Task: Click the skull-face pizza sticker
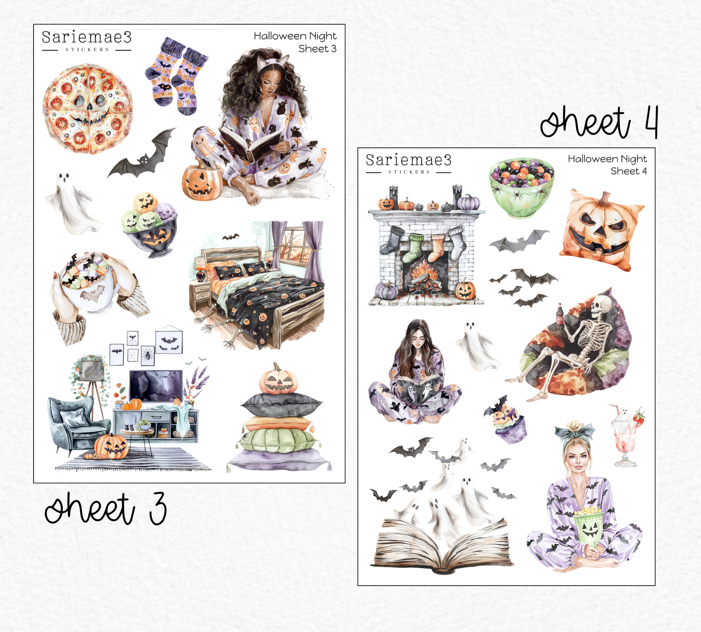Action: (x=88, y=109)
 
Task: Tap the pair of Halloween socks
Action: (x=176, y=76)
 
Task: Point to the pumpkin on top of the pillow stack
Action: (x=278, y=379)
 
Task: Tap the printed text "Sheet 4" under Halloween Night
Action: (x=629, y=171)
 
